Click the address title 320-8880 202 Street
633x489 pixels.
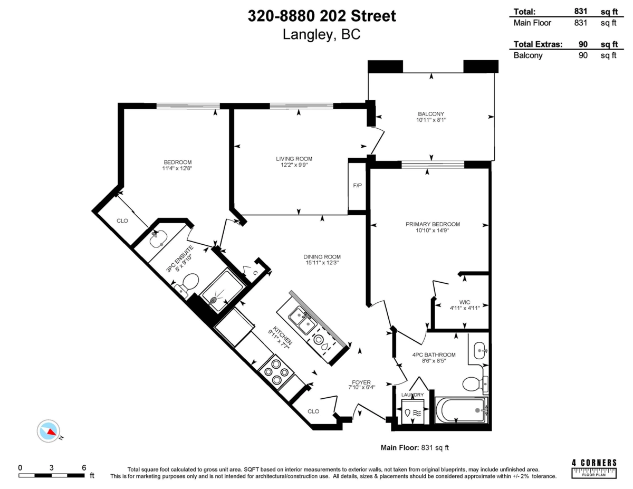[322, 16]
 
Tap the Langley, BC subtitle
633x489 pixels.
[322, 35]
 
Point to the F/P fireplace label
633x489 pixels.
[357, 186]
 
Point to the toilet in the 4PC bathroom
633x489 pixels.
[473, 383]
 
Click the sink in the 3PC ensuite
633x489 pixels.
[158, 241]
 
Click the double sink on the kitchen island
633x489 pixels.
[301, 321]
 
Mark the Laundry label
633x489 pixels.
[412, 395]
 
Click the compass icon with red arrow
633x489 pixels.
[49, 431]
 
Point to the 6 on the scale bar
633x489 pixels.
[84, 467]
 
